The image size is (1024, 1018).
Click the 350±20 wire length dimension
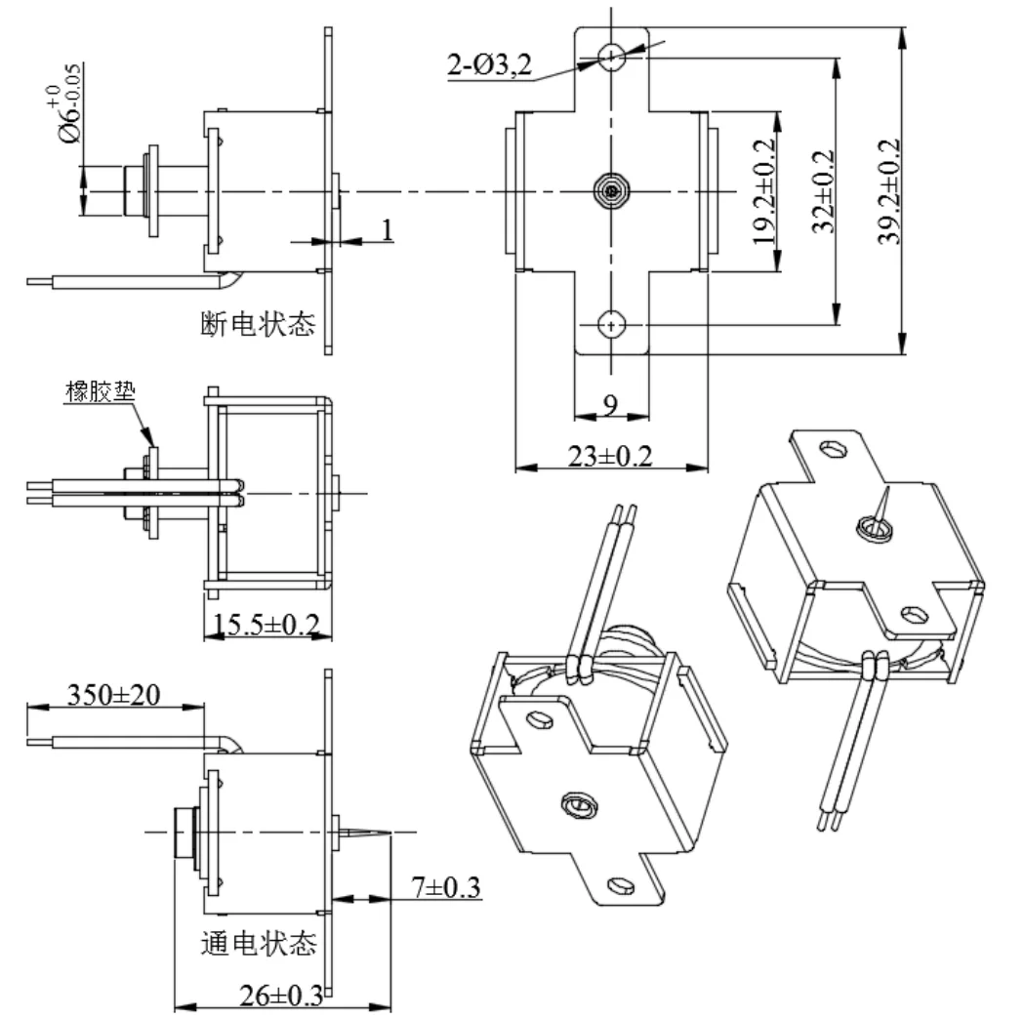115,694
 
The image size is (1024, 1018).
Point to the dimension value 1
388,229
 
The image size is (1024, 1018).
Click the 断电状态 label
258,324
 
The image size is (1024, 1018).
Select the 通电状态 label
258,944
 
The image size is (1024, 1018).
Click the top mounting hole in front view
612,58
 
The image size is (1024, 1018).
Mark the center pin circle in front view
612,191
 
